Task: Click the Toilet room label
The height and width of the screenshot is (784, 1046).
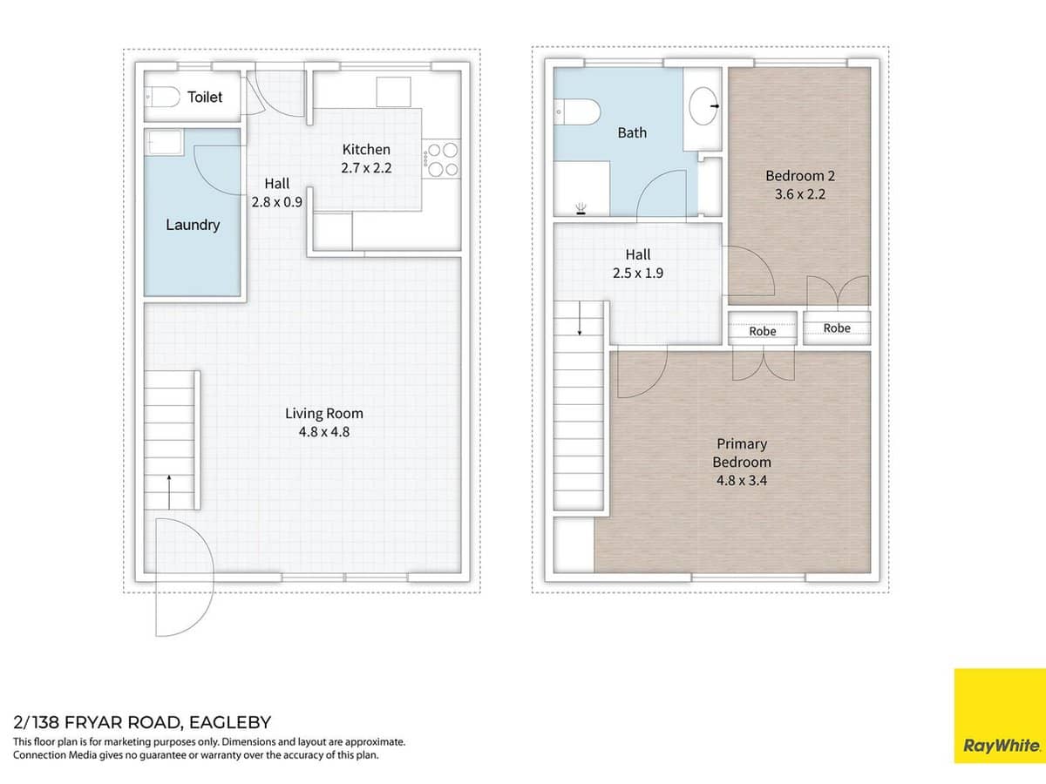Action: [205, 98]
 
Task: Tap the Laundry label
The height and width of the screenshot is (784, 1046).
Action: [193, 225]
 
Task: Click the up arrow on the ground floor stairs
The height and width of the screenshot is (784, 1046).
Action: [168, 490]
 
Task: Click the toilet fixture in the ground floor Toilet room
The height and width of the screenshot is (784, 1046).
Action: [162, 98]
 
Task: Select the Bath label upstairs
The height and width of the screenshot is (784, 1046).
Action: [632, 133]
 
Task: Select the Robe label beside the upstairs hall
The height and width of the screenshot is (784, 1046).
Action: [762, 331]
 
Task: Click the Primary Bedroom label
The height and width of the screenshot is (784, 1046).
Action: [742, 453]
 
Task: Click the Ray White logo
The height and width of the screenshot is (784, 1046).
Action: [1000, 715]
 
